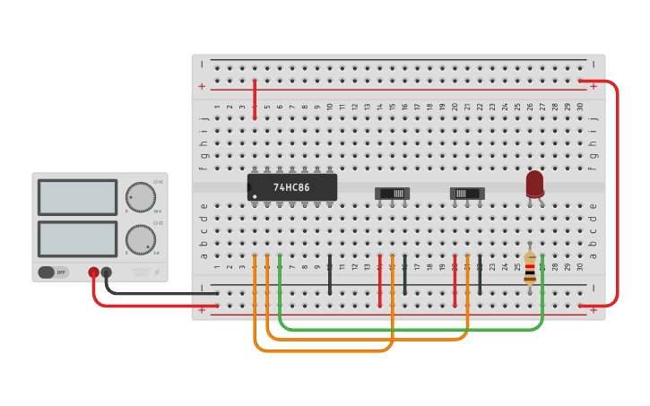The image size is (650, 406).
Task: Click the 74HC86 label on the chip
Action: (x=291, y=187)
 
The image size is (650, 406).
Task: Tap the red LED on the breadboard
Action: (x=534, y=184)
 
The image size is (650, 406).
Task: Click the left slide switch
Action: (x=392, y=193)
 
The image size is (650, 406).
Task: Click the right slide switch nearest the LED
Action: (x=467, y=193)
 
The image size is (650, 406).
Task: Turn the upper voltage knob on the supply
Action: (x=140, y=196)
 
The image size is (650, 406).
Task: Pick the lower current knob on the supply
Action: (x=140, y=239)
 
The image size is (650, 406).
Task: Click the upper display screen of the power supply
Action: (x=77, y=197)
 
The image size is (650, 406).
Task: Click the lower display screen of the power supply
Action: (x=77, y=238)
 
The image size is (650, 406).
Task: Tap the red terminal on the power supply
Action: (x=93, y=272)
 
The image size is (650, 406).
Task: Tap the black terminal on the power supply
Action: (x=107, y=272)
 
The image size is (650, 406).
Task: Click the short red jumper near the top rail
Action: (x=255, y=99)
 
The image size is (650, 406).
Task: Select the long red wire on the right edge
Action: (x=618, y=193)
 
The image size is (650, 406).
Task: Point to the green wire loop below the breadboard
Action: (x=412, y=329)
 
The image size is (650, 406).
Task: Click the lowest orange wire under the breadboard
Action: (x=323, y=350)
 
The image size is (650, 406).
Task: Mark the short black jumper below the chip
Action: (x=330, y=275)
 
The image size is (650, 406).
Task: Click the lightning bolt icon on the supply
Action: (x=158, y=272)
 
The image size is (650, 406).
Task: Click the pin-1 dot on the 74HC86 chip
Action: (x=255, y=196)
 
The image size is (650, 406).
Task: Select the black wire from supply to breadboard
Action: (x=161, y=292)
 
